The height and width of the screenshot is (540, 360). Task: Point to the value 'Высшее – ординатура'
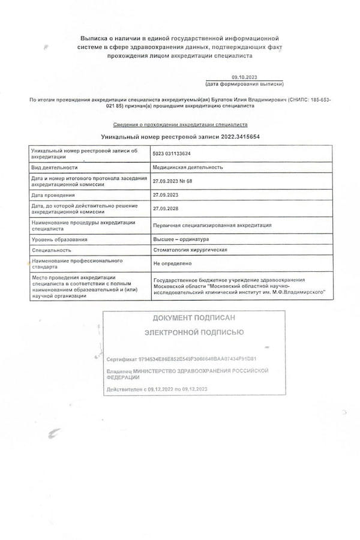tap(181, 239)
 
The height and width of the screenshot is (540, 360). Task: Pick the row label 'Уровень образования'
tap(59, 239)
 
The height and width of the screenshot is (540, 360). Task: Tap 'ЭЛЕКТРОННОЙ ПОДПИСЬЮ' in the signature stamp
tap(194, 331)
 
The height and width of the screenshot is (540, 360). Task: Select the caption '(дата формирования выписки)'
tap(244, 85)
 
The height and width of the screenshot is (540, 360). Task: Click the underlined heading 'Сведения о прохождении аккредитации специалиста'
tap(180, 125)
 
